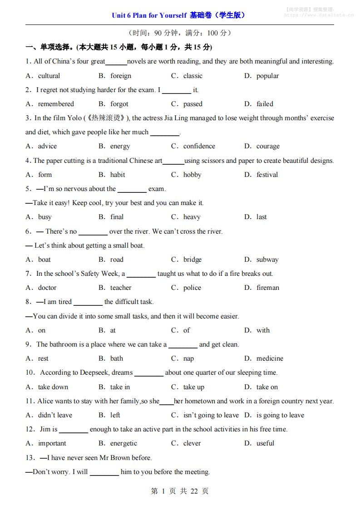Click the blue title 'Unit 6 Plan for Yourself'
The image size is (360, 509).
pos(149,15)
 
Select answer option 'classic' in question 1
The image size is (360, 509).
pos(192,76)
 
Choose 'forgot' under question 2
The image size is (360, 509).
pos(119,104)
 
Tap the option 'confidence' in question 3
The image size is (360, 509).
pos(199,146)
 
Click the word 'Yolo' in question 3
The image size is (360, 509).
pos(74,118)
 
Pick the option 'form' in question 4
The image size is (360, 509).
pos(45,175)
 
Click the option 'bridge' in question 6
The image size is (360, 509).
pos(192,259)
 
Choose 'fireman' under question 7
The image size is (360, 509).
pos(268,288)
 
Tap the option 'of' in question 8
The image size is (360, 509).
pos(187,330)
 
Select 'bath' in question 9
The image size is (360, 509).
pos(117,358)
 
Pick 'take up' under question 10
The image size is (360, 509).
pos(194,387)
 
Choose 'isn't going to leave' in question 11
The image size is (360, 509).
pos(211,415)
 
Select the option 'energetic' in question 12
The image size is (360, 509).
pos(123,443)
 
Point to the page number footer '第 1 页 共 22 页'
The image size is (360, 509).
pos(180,491)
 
